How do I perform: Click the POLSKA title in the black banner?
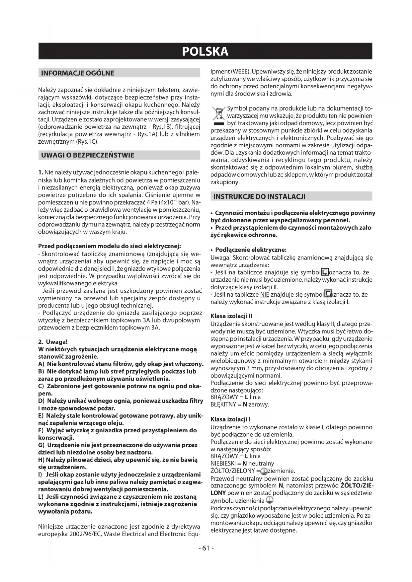click(x=205, y=51)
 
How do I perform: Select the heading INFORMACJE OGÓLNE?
click(x=77, y=73)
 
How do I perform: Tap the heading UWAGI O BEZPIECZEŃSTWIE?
click(x=88, y=155)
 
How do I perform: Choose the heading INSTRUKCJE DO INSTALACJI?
click(x=259, y=197)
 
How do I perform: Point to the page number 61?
click(x=206, y=548)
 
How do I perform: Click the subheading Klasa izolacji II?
click(x=231, y=316)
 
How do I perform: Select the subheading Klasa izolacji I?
click(x=230, y=420)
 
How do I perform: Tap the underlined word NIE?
click(x=265, y=295)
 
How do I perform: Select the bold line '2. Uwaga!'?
click(x=53, y=342)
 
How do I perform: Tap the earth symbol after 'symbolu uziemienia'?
click(x=269, y=500)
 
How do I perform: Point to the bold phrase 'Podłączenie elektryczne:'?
click(x=251, y=250)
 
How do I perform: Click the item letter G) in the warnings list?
click(x=42, y=445)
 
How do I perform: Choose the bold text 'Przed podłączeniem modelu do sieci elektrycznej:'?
click(x=110, y=246)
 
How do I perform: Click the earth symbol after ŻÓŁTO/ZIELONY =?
click(x=264, y=471)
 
